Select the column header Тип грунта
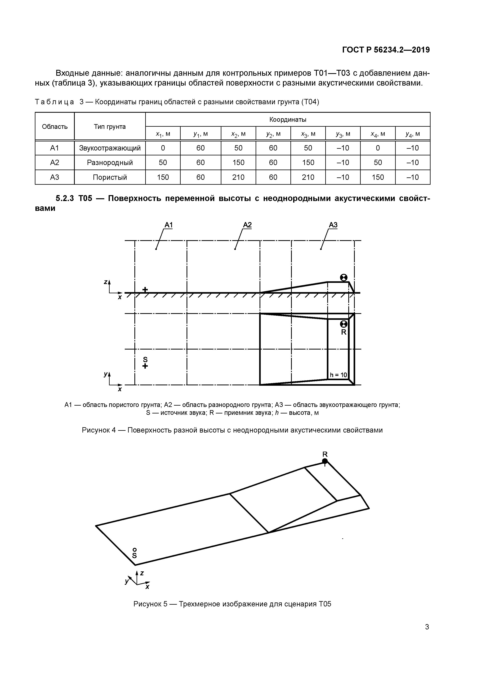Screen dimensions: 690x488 [x=110, y=126]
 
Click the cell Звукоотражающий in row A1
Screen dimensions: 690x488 [x=110, y=148]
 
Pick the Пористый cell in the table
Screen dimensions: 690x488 [x=110, y=177]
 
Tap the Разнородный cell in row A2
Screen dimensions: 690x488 [x=110, y=163]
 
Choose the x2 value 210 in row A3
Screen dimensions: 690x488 [x=238, y=177]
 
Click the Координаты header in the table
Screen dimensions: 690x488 [x=287, y=120]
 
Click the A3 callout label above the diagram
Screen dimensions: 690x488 [x=333, y=225]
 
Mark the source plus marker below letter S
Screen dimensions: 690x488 [x=145, y=366]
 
